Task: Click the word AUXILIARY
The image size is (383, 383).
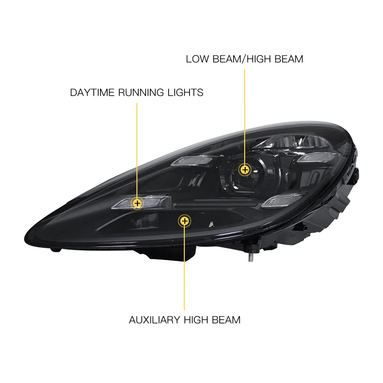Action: click(154, 320)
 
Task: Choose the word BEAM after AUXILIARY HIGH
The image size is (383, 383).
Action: click(226, 320)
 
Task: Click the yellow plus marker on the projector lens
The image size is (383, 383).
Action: click(245, 169)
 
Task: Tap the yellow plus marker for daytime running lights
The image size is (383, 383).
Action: click(137, 203)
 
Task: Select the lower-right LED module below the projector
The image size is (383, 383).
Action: click(282, 201)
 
